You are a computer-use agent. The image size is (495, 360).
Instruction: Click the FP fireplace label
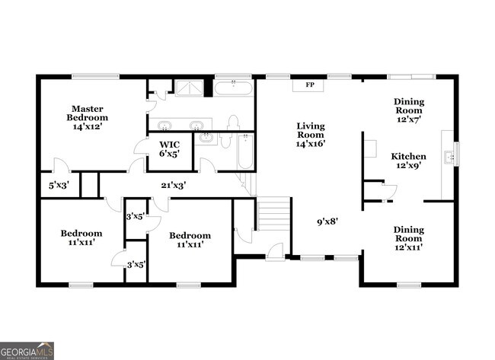[x=310, y=84]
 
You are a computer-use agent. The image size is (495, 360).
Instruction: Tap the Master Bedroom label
[x=88, y=117]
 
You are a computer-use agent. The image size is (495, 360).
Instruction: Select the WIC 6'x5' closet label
[x=169, y=148]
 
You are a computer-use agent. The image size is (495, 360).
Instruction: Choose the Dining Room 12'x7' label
[x=409, y=110]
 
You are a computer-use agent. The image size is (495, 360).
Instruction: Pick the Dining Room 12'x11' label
[x=408, y=237]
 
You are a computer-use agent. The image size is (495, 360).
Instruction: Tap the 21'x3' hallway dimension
[x=173, y=184]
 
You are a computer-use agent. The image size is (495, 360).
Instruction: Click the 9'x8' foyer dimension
[x=327, y=221]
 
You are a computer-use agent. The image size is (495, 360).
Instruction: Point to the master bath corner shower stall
[x=190, y=88]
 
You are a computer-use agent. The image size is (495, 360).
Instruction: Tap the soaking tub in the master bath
[x=233, y=88]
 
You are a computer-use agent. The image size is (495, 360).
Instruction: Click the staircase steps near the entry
[x=274, y=214]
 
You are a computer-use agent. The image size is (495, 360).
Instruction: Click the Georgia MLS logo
[x=27, y=350]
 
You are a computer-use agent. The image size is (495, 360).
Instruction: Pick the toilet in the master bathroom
[x=233, y=123]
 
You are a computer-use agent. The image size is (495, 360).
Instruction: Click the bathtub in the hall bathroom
[x=243, y=152]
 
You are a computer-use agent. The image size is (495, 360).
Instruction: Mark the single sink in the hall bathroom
[x=205, y=138]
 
